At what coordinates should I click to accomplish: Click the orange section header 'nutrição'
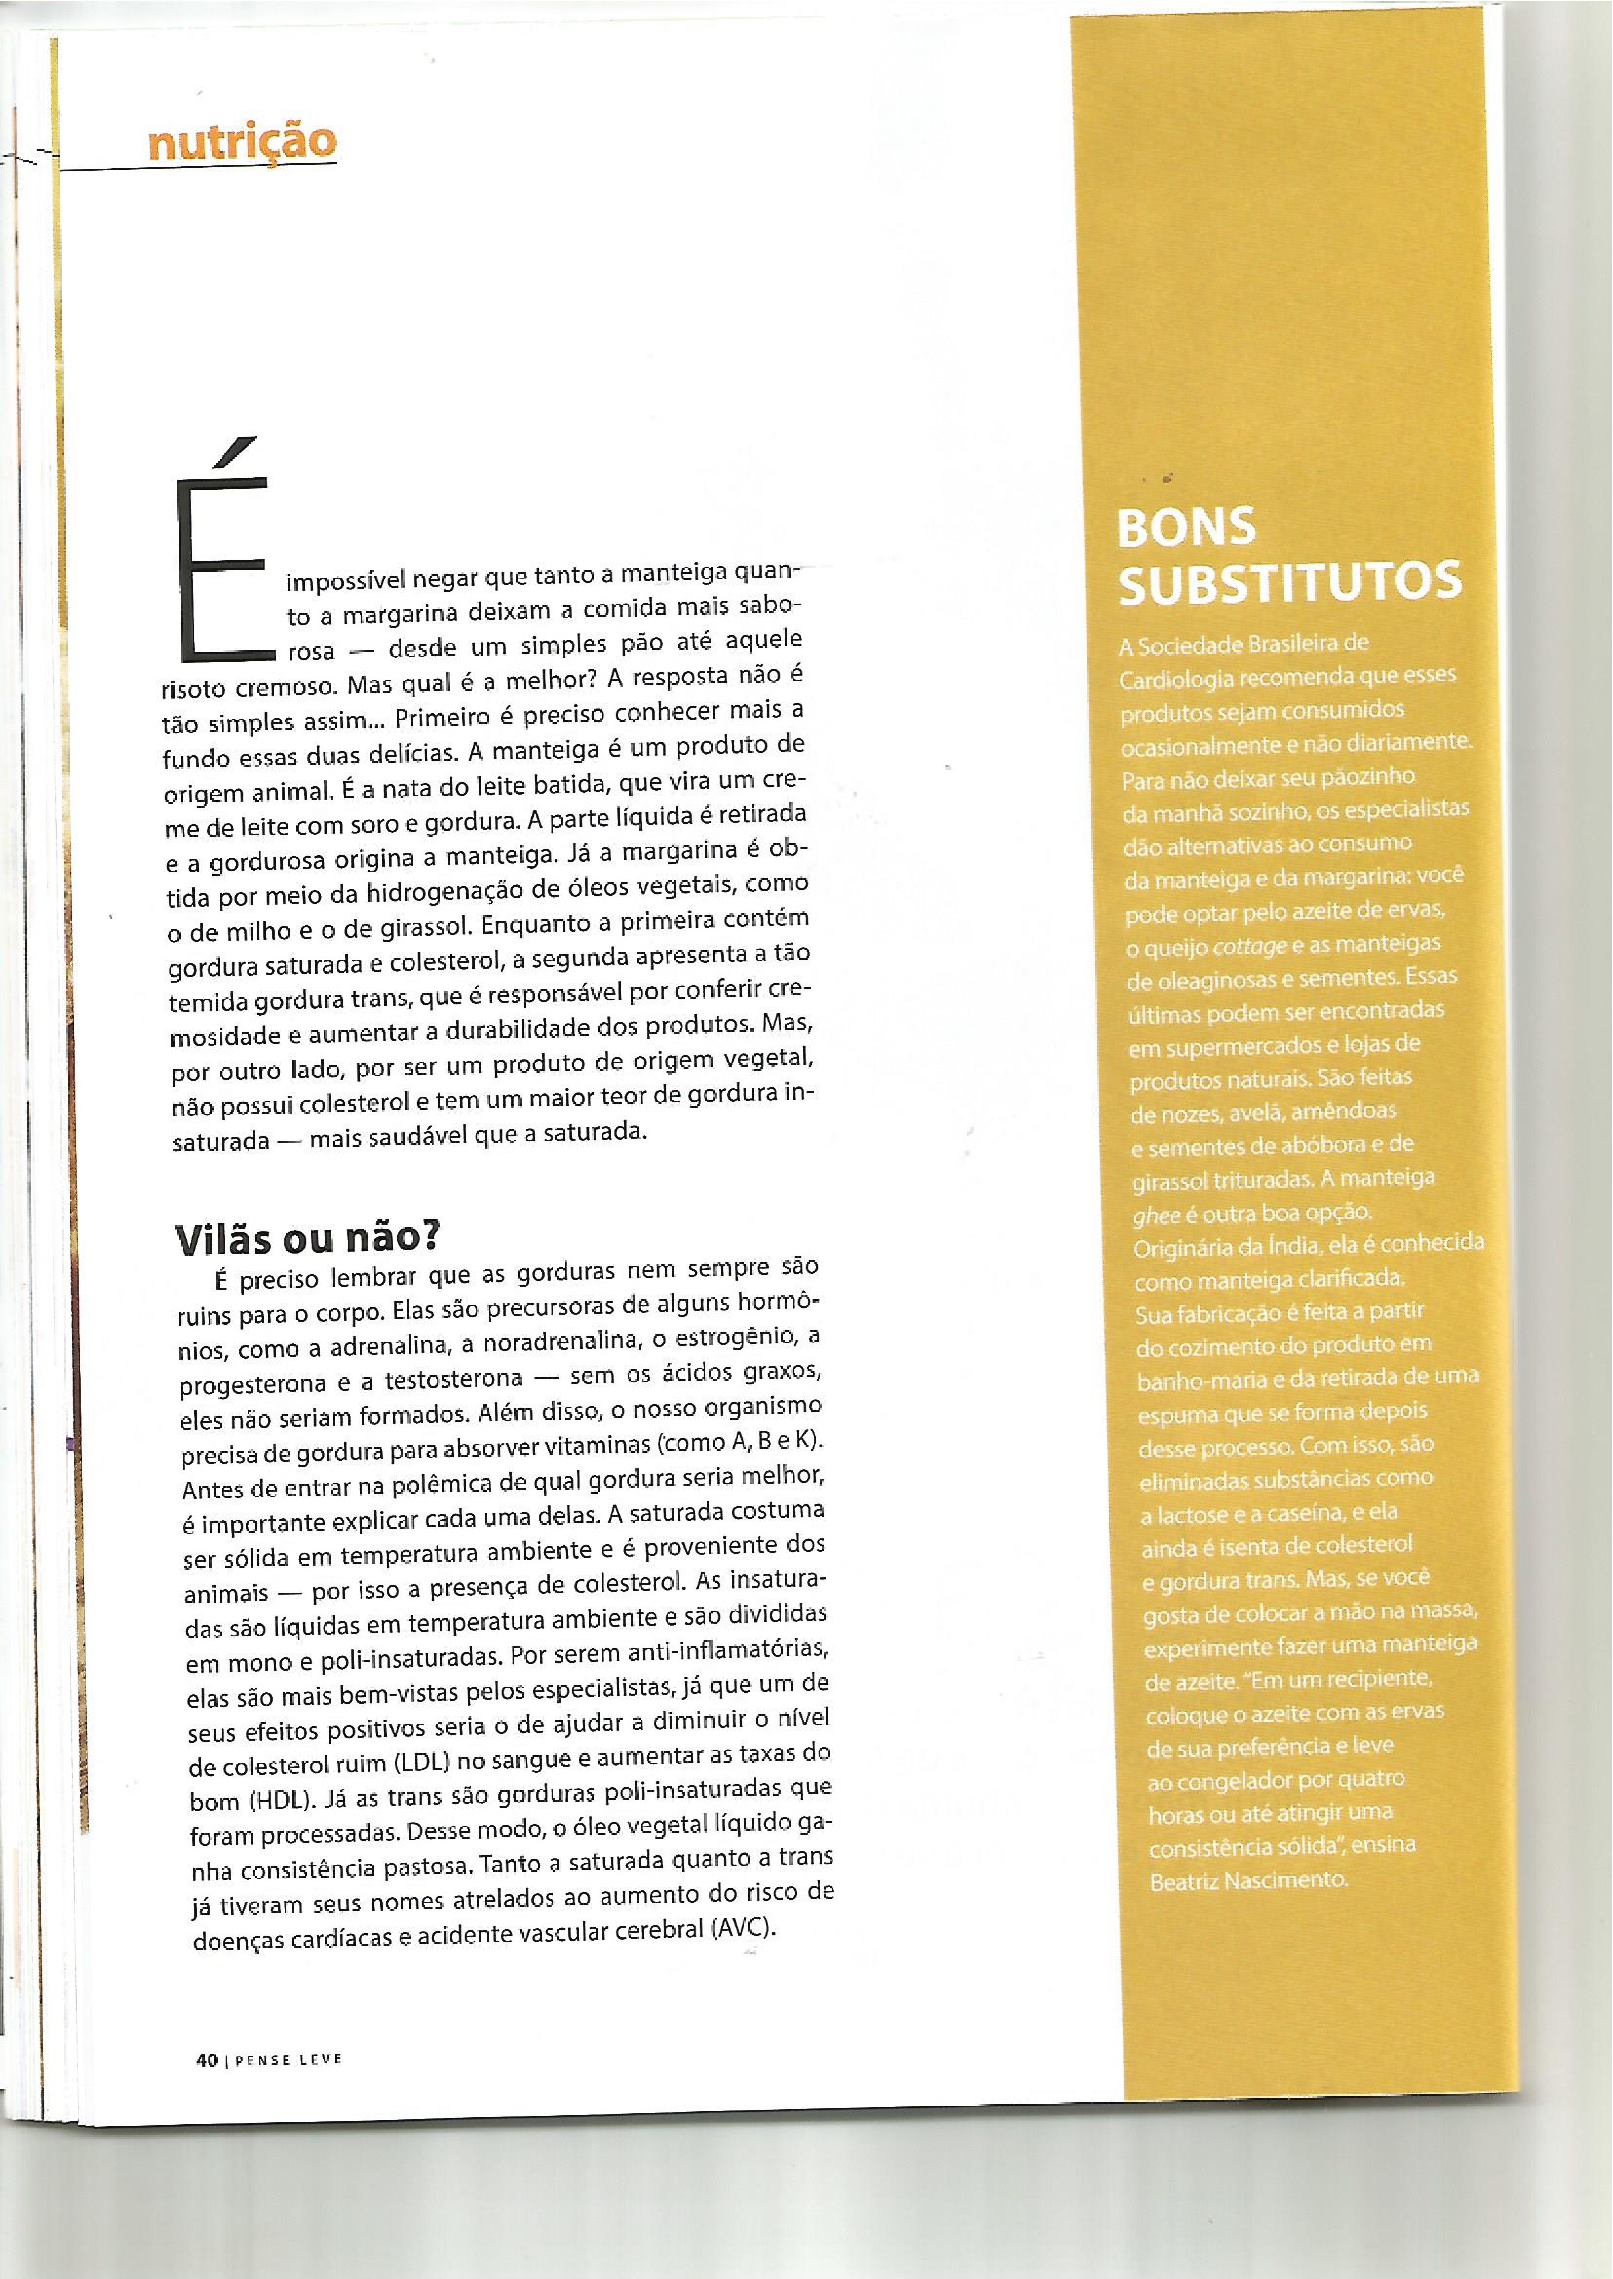pos(242,143)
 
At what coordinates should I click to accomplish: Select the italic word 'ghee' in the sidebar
pos(1154,1214)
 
